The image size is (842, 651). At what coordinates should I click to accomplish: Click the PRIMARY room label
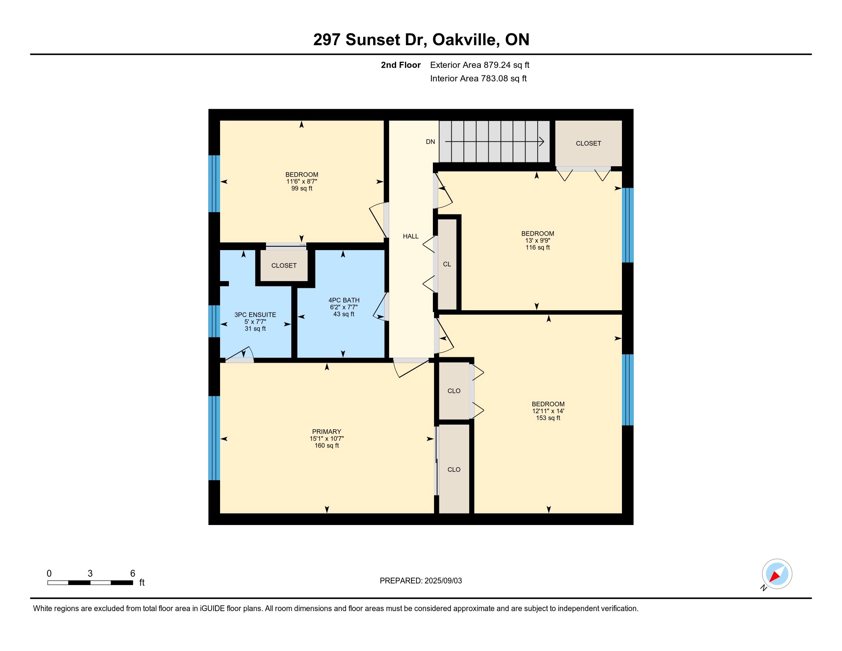pyautogui.click(x=326, y=432)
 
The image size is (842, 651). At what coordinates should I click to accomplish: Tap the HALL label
pyautogui.click(x=411, y=236)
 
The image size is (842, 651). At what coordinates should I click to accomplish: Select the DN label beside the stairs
pyautogui.click(x=430, y=142)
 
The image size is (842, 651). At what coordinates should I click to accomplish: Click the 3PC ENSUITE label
pyautogui.click(x=255, y=315)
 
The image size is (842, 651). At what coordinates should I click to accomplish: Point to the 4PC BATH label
pyautogui.click(x=344, y=300)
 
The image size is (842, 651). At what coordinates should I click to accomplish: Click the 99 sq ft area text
pyautogui.click(x=302, y=188)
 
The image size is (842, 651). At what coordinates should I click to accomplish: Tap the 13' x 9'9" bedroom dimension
pyautogui.click(x=537, y=240)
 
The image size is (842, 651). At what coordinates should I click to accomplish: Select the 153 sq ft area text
pyautogui.click(x=548, y=418)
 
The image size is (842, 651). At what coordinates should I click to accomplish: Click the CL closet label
pyautogui.click(x=447, y=264)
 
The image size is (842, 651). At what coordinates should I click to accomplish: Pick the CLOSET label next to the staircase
pyautogui.click(x=588, y=144)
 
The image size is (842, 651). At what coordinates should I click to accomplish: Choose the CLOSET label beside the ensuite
pyautogui.click(x=284, y=266)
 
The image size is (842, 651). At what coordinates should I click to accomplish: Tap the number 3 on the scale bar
pyautogui.click(x=90, y=574)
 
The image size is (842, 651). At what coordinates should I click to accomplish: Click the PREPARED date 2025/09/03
pyautogui.click(x=443, y=581)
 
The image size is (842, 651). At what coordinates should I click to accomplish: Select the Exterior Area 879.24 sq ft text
pyautogui.click(x=480, y=65)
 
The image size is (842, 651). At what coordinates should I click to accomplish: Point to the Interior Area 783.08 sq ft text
pyautogui.click(x=478, y=79)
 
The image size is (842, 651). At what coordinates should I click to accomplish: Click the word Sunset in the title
pyautogui.click(x=373, y=40)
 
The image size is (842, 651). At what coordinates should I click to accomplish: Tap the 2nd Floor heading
pyautogui.click(x=401, y=65)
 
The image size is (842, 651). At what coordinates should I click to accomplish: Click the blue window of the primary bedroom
pyautogui.click(x=214, y=438)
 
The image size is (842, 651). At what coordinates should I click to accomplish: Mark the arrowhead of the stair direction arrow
pyautogui.click(x=542, y=142)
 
